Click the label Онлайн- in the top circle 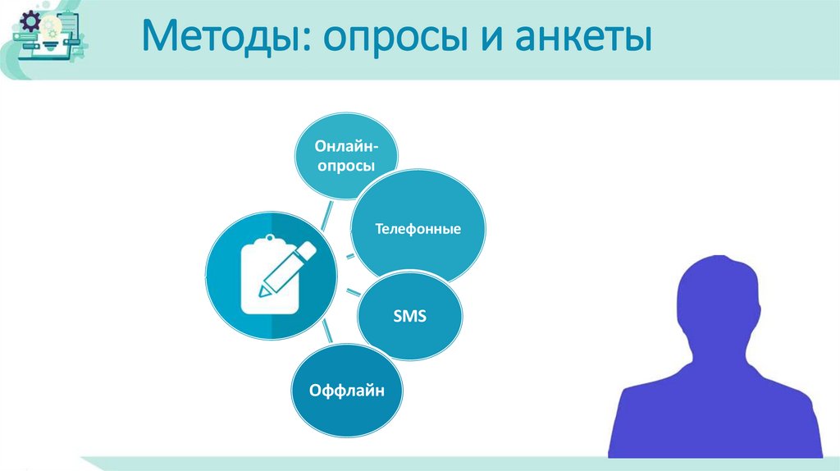click(x=346, y=145)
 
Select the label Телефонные click(x=418, y=229)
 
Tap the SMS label click(x=410, y=316)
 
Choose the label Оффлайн click(x=346, y=391)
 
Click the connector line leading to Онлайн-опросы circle click(x=326, y=215)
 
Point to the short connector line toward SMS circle click(x=350, y=292)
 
